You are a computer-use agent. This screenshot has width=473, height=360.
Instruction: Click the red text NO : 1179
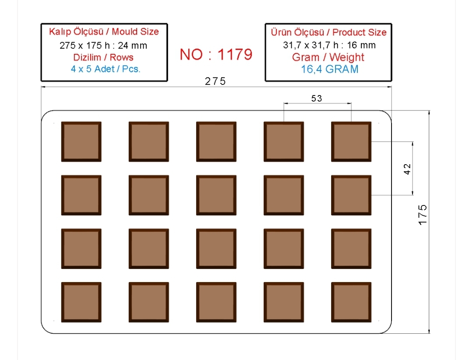pyautogui.click(x=216, y=54)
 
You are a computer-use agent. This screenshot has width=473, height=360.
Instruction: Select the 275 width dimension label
pyautogui.click(x=215, y=81)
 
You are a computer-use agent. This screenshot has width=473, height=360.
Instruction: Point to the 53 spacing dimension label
pyautogui.click(x=317, y=99)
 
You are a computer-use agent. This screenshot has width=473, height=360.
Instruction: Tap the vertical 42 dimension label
pyautogui.click(x=407, y=169)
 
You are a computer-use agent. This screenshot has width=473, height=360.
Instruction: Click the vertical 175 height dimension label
pyautogui.click(x=423, y=215)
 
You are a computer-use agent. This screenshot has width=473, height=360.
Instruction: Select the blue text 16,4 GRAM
pyautogui.click(x=330, y=69)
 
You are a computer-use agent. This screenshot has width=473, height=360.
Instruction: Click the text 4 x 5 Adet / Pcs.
pyautogui.click(x=106, y=69)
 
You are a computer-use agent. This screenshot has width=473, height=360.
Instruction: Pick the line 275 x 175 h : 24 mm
pyautogui.click(x=103, y=46)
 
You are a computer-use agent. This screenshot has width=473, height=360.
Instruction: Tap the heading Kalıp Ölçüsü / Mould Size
pyautogui.click(x=104, y=32)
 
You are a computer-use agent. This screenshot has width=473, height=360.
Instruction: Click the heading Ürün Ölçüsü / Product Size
pyautogui.click(x=328, y=32)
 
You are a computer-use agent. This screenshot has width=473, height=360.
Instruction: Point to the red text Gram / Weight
pyautogui.click(x=328, y=57)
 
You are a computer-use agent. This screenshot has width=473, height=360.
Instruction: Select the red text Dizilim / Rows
pyautogui.click(x=103, y=57)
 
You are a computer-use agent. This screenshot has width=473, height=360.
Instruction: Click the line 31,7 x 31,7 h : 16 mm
pyautogui.click(x=329, y=45)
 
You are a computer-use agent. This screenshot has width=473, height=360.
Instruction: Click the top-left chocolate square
pyautogui.click(x=81, y=141)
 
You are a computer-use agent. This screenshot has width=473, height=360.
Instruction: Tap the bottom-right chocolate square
pyautogui.click(x=351, y=302)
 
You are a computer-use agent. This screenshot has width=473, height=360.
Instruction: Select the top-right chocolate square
pyautogui.click(x=351, y=141)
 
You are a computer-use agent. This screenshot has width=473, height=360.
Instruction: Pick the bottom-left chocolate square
pyautogui.click(x=81, y=302)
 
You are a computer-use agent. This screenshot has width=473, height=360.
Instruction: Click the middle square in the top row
pyautogui.click(x=216, y=141)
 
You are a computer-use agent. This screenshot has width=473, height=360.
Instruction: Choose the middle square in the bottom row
pyautogui.click(x=216, y=302)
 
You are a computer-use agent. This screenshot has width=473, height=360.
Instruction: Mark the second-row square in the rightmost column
pyautogui.click(x=351, y=195)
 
